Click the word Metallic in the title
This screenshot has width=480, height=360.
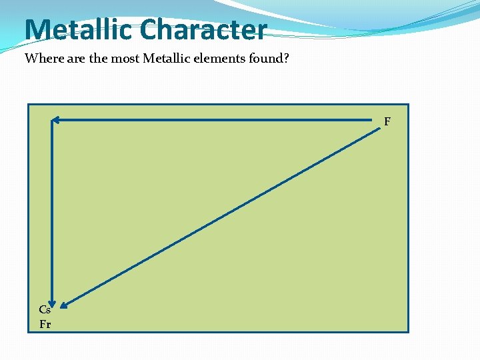coord(79,30)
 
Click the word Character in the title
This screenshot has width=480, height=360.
coord(204,30)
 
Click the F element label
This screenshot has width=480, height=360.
coord(387,121)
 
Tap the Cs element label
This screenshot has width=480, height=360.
coord(45,309)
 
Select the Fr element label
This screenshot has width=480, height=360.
coord(45,325)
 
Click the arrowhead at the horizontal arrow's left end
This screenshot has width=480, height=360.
coord(56,121)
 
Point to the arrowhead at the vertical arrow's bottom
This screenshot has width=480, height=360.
coord(52,304)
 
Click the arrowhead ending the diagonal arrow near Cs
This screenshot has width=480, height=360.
coord(64,306)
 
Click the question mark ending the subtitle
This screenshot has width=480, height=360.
coord(286,59)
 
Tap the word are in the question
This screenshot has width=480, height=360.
coord(77,59)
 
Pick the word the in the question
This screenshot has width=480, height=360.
coord(98,59)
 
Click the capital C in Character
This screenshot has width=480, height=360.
coord(149,30)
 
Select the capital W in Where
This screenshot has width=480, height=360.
coord(31,59)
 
